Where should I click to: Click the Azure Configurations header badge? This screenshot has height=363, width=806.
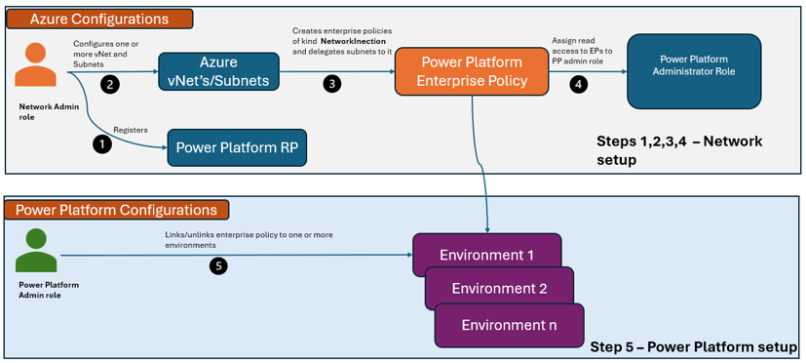pyautogui.click(x=99, y=20)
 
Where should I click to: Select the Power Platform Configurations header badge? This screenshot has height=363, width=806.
pyautogui.click(x=116, y=210)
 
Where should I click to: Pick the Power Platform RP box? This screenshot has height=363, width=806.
pyautogui.click(x=237, y=147)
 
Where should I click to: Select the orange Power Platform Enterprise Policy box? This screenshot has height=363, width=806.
pyautogui.click(x=472, y=71)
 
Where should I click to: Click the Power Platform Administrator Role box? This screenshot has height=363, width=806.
pyautogui.click(x=694, y=71)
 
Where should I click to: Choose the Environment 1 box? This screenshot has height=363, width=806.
pyautogui.click(x=486, y=255)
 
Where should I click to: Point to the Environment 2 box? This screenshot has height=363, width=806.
pyautogui.click(x=499, y=288)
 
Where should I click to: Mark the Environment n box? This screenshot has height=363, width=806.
pyautogui.click(x=509, y=325)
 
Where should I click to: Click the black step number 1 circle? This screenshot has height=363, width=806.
pyautogui.click(x=102, y=145)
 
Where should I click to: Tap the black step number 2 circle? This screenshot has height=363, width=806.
pyautogui.click(x=109, y=86)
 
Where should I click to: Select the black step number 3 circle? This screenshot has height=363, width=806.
pyautogui.click(x=331, y=85)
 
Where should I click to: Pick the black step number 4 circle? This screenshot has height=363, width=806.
pyautogui.click(x=578, y=85)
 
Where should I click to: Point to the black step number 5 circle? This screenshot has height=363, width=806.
pyautogui.click(x=218, y=266)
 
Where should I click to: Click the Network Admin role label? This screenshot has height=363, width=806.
pyautogui.click(x=39, y=111)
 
